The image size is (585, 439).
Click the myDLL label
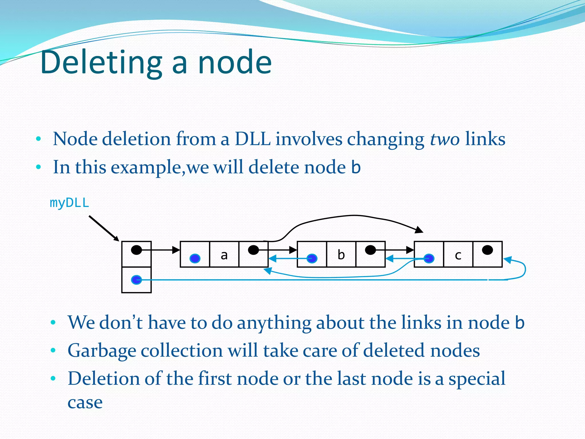click(69, 203)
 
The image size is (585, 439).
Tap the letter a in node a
click(224, 255)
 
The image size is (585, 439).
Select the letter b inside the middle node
click(341, 254)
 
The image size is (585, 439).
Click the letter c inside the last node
click(458, 255)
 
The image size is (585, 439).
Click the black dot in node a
click(253, 250)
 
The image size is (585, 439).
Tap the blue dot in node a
click(195, 258)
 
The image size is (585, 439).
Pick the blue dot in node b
click(312, 258)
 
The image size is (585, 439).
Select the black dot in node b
click(370, 250)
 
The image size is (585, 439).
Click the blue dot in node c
click(429, 259)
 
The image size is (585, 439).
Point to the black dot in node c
click(487, 250)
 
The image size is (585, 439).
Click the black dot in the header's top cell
click(136, 250)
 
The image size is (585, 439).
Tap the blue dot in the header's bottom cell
click(136, 280)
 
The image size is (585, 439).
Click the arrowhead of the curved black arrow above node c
click(419, 230)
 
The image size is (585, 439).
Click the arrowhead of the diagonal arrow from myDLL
click(116, 239)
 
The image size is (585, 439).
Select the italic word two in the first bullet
click(444, 139)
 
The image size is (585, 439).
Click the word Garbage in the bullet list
click(102, 351)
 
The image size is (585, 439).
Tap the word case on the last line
click(85, 402)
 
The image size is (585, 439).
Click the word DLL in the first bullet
click(253, 139)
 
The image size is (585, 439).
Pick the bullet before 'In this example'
click(39, 167)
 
